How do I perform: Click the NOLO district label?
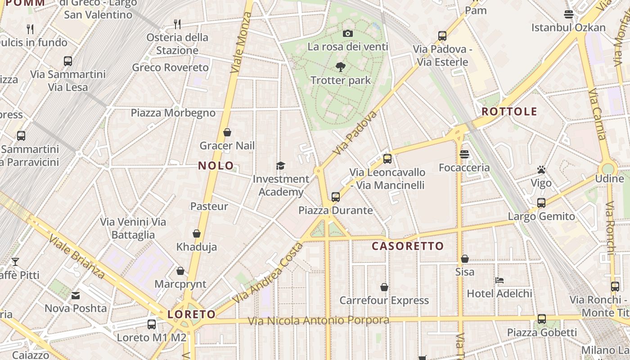pos(216,166)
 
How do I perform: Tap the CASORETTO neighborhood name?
pos(408,246)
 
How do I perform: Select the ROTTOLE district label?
pos(509,112)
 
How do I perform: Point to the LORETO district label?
pos(192,314)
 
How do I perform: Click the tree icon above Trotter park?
pos(341,67)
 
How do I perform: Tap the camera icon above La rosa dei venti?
pos(347,33)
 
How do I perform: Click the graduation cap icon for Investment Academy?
pos(280,166)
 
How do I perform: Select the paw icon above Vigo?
pos(541,170)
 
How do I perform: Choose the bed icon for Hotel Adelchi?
pos(499,280)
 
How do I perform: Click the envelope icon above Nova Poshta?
pos(76,296)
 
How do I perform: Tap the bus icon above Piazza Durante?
pos(335,197)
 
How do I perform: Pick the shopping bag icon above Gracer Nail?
pos(227,132)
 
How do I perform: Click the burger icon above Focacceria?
pos(464,154)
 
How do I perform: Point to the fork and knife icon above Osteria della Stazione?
pos(177,24)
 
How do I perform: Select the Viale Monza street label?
pos(241,43)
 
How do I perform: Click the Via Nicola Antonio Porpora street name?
pos(319,320)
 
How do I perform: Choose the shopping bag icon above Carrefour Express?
pos(384,287)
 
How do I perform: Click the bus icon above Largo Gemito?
pos(541,203)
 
